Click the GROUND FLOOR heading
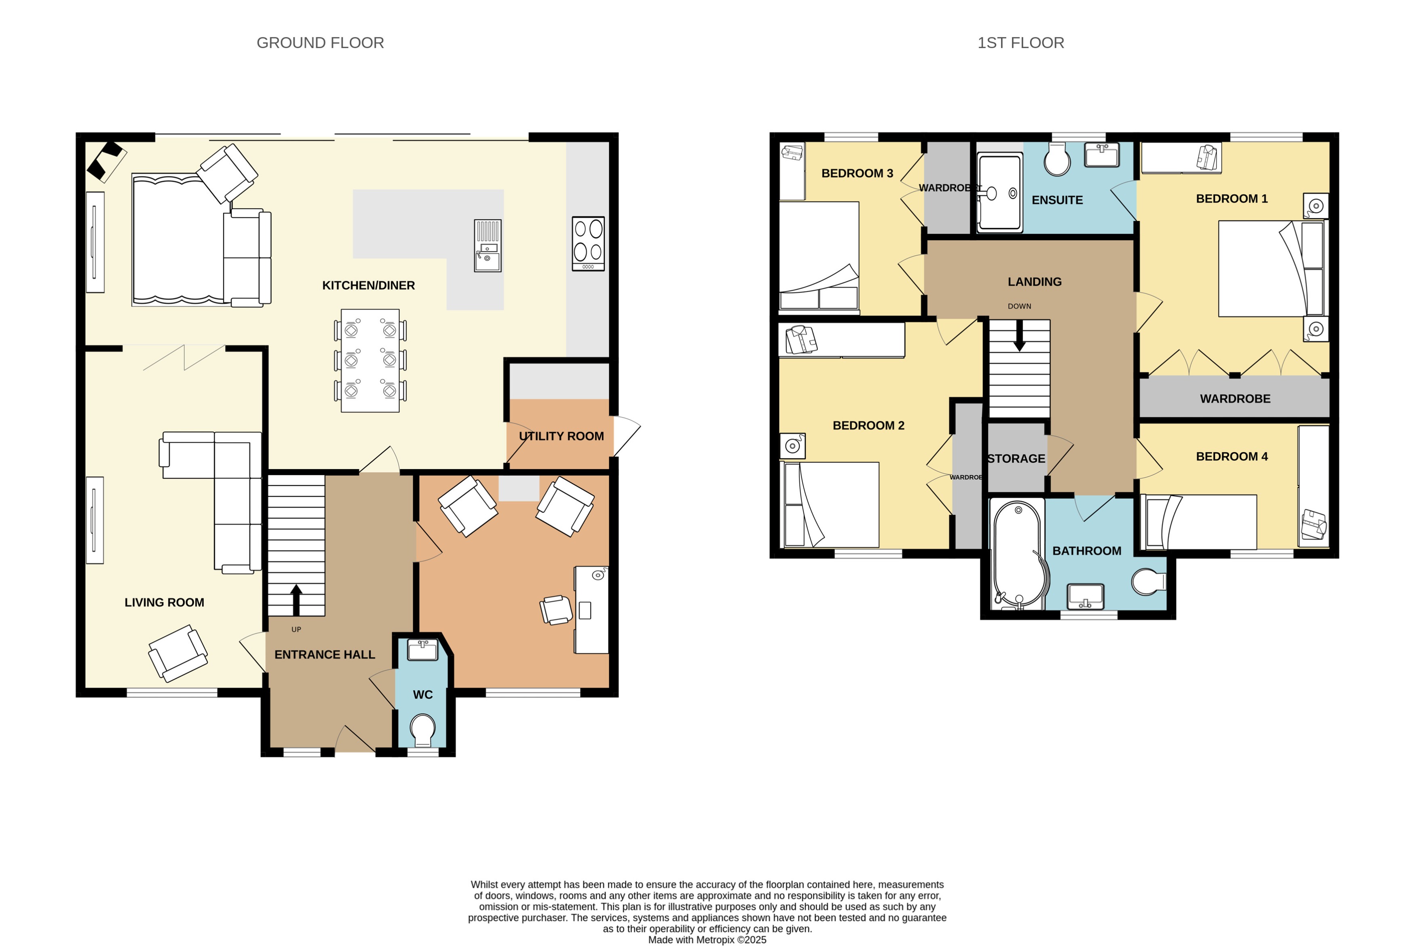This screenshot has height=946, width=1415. point(320,43)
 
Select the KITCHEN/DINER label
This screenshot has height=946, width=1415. point(368,286)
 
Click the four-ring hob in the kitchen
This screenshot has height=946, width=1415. point(588,243)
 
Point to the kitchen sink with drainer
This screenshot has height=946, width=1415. point(487,245)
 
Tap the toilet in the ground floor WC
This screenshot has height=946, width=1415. point(422,729)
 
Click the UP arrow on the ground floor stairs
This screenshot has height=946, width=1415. point(296,599)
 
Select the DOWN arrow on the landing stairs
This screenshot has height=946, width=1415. point(1019,335)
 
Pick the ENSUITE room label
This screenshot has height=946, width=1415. point(1057,200)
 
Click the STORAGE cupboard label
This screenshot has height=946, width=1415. point(1016,459)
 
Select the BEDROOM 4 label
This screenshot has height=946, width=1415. point(1231,457)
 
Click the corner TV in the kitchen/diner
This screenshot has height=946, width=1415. point(106,161)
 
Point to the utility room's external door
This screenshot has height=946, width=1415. point(626,436)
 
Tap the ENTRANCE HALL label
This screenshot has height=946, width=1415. point(324,655)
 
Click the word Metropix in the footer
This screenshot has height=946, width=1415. point(715,940)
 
